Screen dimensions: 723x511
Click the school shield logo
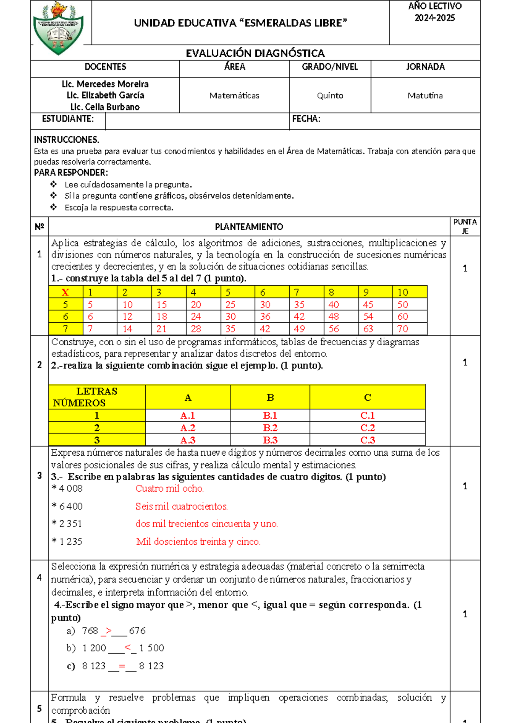(58, 28)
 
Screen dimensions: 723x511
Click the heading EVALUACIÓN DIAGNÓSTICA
(255, 53)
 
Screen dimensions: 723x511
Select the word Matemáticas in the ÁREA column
(234, 96)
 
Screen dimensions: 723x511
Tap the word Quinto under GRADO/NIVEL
(330, 96)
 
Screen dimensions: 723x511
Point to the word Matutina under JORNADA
(425, 96)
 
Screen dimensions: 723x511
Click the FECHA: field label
(306, 119)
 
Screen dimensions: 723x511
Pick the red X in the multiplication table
(65, 292)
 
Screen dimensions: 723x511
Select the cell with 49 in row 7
(299, 329)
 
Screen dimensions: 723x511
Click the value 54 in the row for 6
(368, 317)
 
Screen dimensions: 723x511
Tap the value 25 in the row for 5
(230, 305)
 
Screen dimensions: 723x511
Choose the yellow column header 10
(403, 292)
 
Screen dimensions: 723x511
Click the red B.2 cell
(270, 428)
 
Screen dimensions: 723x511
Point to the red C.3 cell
(367, 440)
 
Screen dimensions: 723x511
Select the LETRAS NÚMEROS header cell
(97, 397)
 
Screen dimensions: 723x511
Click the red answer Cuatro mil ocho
(169, 489)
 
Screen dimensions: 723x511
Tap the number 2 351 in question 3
(70, 524)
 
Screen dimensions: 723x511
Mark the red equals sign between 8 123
(122, 666)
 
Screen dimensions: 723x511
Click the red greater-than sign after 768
(108, 630)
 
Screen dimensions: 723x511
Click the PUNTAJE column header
(465, 226)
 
